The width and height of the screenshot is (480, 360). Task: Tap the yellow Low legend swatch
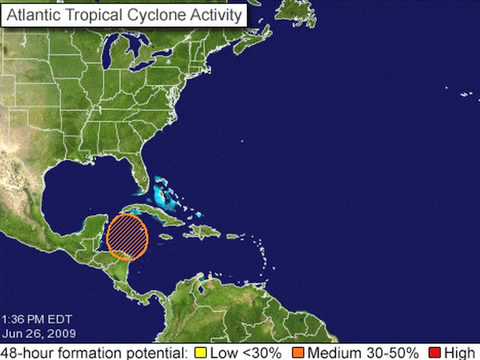click(x=201, y=352)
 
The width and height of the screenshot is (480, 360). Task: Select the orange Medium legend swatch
click(x=298, y=352)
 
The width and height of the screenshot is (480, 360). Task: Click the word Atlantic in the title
click(x=40, y=17)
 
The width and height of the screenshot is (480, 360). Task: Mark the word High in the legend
click(x=459, y=352)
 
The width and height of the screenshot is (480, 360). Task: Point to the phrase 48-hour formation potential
click(x=94, y=352)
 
